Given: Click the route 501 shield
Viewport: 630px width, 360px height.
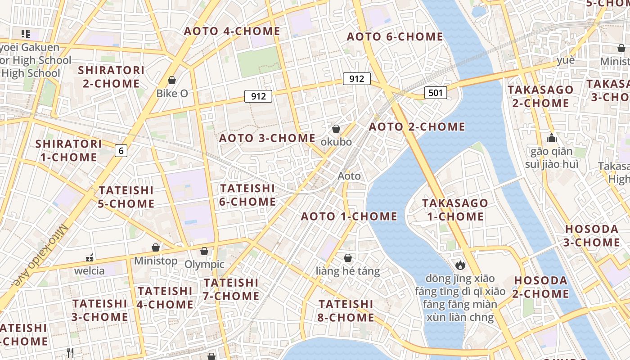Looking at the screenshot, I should point(436,93).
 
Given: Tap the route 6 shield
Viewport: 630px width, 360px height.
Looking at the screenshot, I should point(121,151).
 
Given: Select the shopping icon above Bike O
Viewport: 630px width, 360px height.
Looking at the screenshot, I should point(171,81).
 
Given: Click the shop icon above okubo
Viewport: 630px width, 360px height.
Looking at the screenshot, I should point(336,129).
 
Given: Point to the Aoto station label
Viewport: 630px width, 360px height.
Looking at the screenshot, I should point(349,176).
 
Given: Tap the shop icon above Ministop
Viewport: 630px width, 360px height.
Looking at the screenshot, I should point(156,248).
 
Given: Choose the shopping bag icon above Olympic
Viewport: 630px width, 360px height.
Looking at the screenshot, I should point(204,251).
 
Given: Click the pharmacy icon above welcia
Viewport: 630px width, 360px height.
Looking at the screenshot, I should point(90,258).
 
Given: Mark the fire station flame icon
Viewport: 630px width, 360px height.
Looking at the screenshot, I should point(460,265).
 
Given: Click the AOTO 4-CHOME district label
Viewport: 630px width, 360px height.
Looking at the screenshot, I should point(232,31).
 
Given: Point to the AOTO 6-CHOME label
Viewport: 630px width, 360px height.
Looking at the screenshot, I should point(395,37).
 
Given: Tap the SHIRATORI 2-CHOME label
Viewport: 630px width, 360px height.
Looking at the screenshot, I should point(111,77).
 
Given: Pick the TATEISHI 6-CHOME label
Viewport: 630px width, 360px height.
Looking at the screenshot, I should point(247,195).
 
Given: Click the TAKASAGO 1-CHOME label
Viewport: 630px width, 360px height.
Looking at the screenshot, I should point(455,210).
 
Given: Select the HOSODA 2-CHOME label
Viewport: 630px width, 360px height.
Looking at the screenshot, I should point(541,287).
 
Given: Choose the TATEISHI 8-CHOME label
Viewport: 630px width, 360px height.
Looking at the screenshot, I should point(346,311).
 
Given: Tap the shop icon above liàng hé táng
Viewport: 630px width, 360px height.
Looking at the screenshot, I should point(348,258).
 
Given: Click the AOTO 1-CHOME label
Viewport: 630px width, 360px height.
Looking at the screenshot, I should point(349,216).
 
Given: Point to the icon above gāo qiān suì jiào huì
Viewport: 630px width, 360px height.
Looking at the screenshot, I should point(552,138).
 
